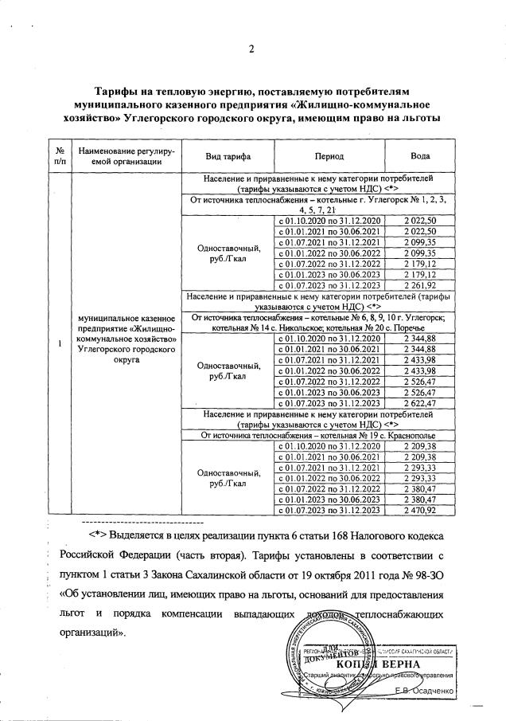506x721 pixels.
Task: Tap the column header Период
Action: point(329,155)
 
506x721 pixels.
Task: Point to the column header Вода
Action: point(422,155)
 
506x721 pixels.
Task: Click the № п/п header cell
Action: point(59,155)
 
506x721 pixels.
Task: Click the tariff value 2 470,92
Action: point(422,509)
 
